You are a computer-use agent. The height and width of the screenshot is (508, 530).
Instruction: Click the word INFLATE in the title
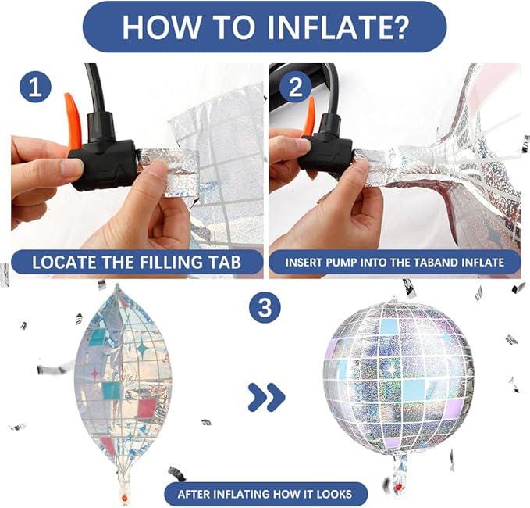pyautogui.click(x=326, y=27)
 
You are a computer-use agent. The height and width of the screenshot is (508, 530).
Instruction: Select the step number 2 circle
pyautogui.click(x=295, y=87)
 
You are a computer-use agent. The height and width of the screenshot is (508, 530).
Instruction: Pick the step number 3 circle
pyautogui.click(x=265, y=308)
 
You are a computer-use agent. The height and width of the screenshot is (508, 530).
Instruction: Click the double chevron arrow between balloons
pyautogui.click(x=267, y=397)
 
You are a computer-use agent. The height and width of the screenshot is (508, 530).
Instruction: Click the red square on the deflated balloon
pyautogui.click(x=147, y=409)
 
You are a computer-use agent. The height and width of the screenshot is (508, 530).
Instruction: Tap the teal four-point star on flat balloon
pyautogui.click(x=143, y=349)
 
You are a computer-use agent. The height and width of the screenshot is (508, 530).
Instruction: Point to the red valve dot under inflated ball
pyautogui.click(x=399, y=487)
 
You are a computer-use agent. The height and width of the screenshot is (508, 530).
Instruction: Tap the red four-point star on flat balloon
pyautogui.click(x=95, y=373)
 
